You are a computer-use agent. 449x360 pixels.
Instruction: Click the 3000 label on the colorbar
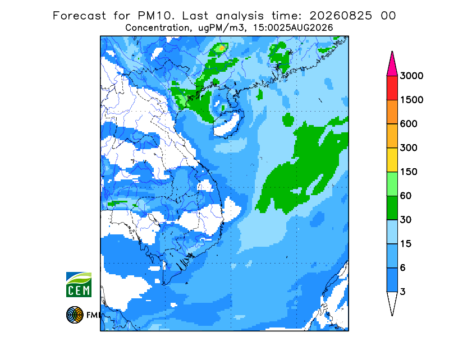pos(411,76)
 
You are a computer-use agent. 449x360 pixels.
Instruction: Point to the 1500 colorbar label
pos(411,100)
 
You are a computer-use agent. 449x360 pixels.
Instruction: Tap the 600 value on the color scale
pos(409,124)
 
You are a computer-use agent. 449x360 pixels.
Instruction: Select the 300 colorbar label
pos(409,147)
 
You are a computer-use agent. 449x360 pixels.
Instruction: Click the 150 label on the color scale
pos(409,172)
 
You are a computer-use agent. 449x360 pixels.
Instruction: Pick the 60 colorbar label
pos(406,196)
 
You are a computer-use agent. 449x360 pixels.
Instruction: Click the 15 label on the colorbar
pos(406,244)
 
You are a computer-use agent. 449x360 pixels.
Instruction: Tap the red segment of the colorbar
pos(392,88)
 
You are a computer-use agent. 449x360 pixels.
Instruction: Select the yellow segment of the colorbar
pos(392,160)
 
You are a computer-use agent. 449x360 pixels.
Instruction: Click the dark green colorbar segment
pos(392,208)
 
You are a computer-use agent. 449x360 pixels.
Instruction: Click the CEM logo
pos(79,284)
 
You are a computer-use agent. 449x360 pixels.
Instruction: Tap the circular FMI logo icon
pos(75,315)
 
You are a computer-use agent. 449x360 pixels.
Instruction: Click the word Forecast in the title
pos(79,16)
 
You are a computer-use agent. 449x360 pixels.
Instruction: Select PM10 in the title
pos(156,16)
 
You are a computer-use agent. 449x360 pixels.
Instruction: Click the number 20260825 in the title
pos(341,16)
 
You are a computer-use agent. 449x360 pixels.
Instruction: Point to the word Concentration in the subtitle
pos(157,28)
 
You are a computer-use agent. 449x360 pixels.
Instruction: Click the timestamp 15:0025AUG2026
pos(292,28)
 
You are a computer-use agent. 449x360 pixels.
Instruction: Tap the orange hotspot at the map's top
pos(222,48)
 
